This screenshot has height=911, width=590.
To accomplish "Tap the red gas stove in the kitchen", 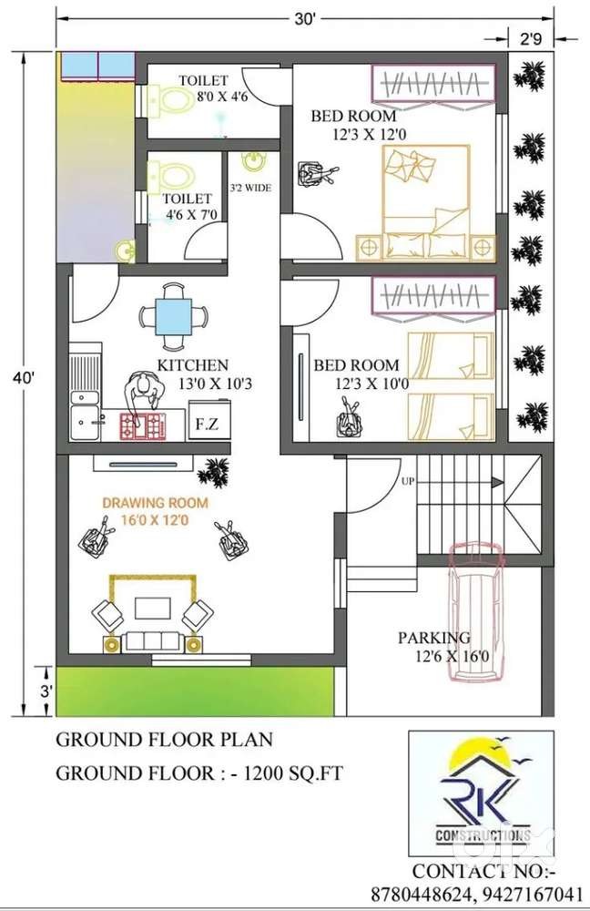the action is [143, 425].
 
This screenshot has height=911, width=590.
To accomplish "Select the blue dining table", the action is [174, 317].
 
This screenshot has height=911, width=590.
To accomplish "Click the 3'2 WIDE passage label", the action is [250, 188].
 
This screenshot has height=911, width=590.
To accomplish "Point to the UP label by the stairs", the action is [408, 481].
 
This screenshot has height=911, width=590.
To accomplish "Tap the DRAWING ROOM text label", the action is [155, 503].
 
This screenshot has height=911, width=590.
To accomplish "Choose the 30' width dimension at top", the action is [304, 20].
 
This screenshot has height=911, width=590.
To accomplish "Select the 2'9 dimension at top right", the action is [531, 39].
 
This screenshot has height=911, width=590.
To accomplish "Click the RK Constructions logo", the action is [481, 793].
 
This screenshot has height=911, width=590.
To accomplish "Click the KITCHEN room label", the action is [193, 365].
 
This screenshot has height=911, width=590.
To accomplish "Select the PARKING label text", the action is [433, 638].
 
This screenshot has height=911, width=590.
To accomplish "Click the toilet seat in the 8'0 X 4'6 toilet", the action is [172, 100].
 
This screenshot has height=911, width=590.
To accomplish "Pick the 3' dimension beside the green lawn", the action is [46, 691].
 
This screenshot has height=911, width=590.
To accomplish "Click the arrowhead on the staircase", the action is [496, 482].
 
